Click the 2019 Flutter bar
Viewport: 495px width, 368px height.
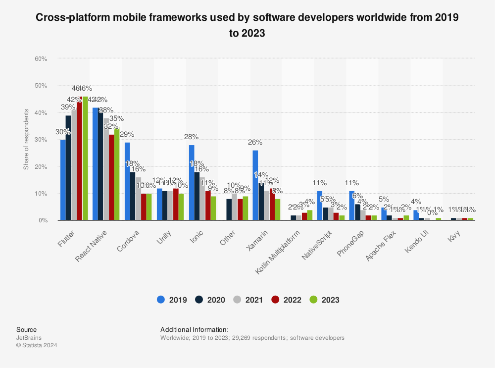63,180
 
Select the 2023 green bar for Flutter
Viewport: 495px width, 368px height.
85,158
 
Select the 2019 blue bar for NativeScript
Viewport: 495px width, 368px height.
319,206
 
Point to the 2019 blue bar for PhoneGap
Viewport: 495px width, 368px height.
351,206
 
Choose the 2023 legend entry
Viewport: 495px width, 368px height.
324,300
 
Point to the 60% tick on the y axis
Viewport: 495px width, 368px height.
41,59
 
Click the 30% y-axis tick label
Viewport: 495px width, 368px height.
41,140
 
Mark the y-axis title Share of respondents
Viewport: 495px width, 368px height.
26,140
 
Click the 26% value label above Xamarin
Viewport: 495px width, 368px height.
255,143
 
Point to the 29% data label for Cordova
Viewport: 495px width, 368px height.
127,135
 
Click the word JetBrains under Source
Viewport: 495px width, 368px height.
28,338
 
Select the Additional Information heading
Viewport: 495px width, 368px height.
194,329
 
